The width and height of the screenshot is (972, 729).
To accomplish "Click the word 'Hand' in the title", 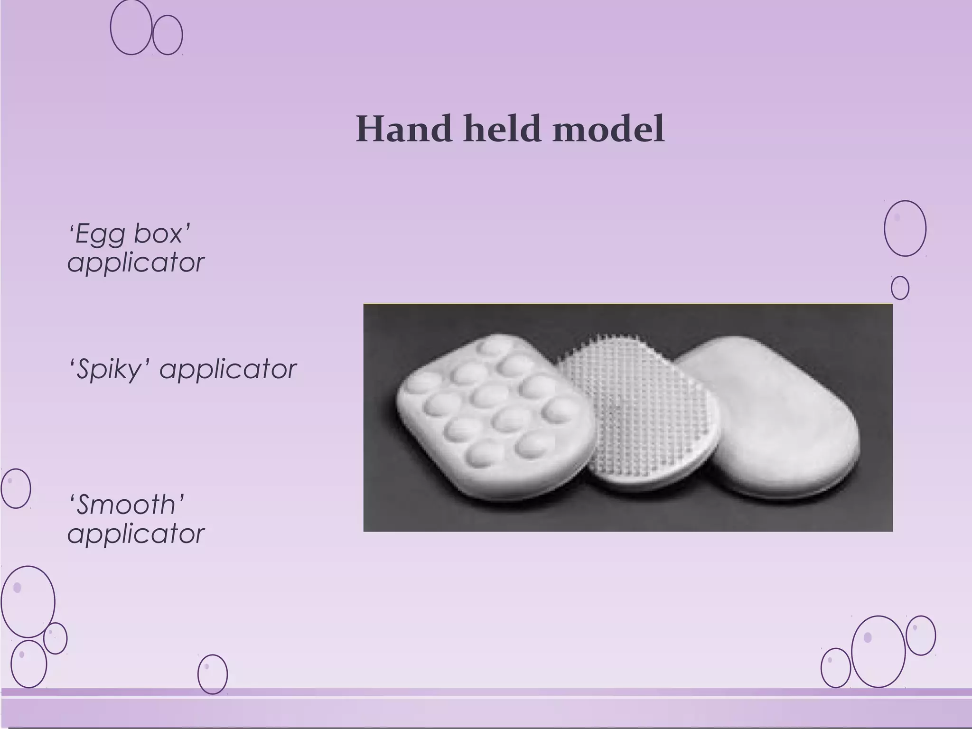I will pos(404,129).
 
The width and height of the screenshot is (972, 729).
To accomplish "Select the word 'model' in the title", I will pos(608,129).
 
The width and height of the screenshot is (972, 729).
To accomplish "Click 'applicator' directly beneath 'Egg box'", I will pos(136,262).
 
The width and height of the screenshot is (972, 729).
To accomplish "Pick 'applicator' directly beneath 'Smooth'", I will pos(136,533).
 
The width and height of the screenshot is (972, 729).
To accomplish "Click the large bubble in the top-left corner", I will pos(131,27).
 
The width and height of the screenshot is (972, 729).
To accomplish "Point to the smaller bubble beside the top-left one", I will pos(168,35).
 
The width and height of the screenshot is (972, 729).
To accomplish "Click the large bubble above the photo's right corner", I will pos(905,228).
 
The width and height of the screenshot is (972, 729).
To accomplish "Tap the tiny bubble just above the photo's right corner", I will pos(900,288).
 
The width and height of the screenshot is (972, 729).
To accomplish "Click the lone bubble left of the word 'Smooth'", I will pos(16,488).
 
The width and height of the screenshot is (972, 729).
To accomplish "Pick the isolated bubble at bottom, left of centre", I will pos(212,674).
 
